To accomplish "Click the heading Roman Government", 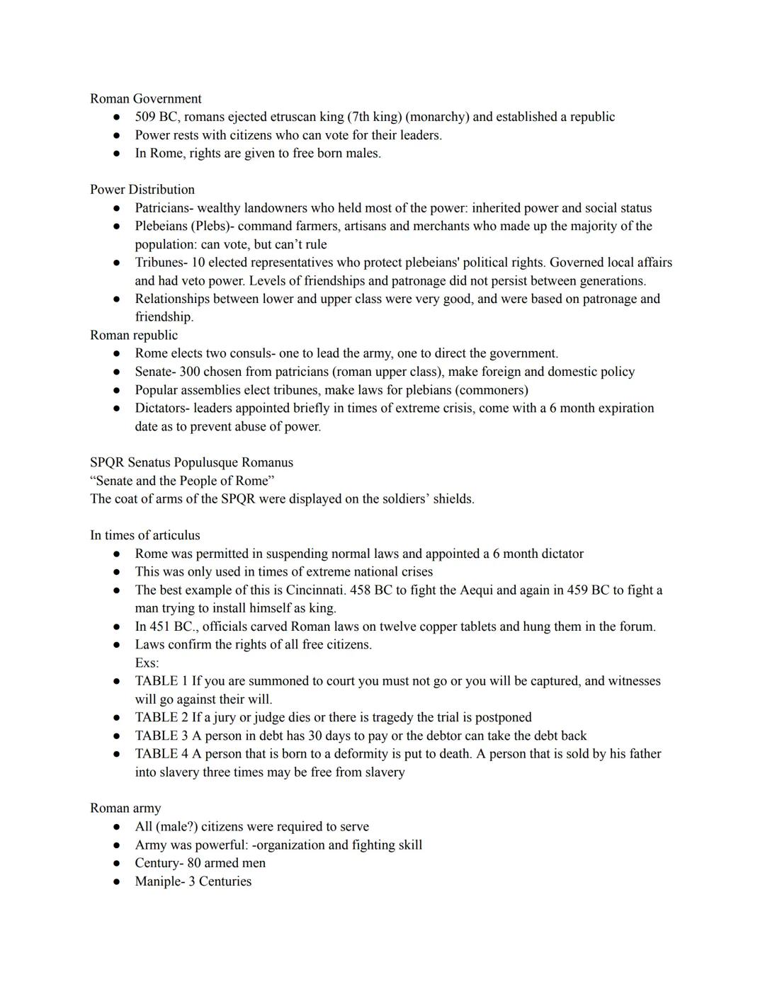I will pos(145,99).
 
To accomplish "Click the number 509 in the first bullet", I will pos(145,117).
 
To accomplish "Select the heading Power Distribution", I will pos(142,190).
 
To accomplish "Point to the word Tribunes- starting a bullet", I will pos(161,263).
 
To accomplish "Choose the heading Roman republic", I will pos(134,336).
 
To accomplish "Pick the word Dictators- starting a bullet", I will pos(162,408).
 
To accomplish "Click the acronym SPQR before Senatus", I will pos(107,463).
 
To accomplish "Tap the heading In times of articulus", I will pos(144,536).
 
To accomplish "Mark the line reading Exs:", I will pos(147,663).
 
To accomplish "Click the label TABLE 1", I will pos(161,681).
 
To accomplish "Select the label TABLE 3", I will pos(161,736).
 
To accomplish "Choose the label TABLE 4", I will pos(161,754).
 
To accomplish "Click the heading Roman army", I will pos(125,808).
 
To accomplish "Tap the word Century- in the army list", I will pos(159,863).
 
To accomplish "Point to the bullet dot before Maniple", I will pos(117,882).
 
